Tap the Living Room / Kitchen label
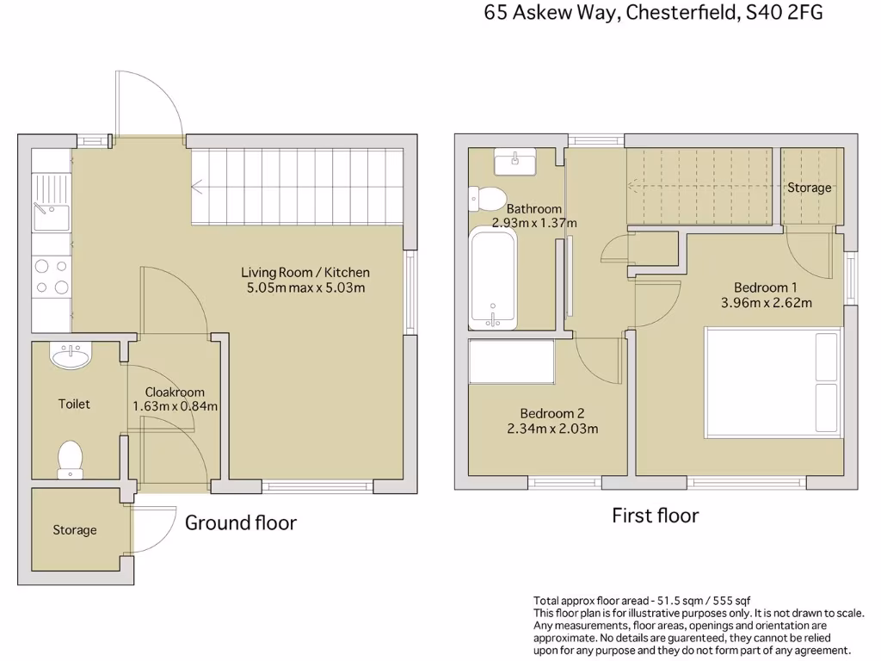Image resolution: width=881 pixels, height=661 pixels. pos(305,272)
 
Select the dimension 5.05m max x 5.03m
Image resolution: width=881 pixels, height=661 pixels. pos(305,287)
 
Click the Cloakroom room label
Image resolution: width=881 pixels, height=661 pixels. pos(175,392)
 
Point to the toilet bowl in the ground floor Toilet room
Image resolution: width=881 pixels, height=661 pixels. pos(70,458)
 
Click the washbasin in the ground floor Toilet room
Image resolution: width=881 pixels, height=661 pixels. pos(71,355)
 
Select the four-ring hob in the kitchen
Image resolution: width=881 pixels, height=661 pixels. pos(52,277)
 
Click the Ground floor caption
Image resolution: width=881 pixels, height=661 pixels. pos(241,522)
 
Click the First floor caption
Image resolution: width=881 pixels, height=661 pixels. pos(655,516)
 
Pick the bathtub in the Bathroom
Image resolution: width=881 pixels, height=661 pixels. pos(493,278)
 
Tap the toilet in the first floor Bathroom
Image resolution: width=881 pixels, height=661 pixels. pos(488,199)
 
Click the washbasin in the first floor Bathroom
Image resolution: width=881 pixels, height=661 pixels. pos(514,161)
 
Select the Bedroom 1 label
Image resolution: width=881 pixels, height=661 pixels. pos(765,287)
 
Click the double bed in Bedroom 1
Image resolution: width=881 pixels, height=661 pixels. pos(773,382)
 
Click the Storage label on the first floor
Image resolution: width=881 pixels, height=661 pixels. pos(810,188)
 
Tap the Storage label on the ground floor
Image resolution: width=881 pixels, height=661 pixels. pos(75,530)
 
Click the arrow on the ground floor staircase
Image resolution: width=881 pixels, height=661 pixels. pos(198,186)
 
